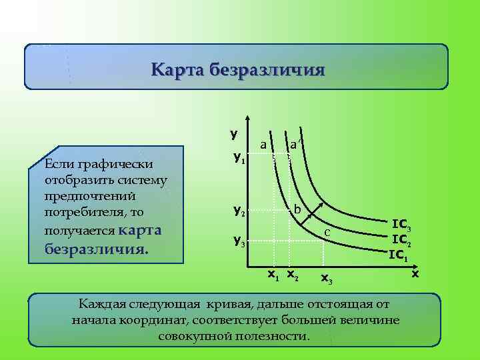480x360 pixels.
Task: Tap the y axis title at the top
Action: (234, 133)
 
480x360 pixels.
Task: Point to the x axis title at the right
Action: (415, 274)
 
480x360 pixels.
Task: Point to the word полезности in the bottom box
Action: (271, 335)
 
